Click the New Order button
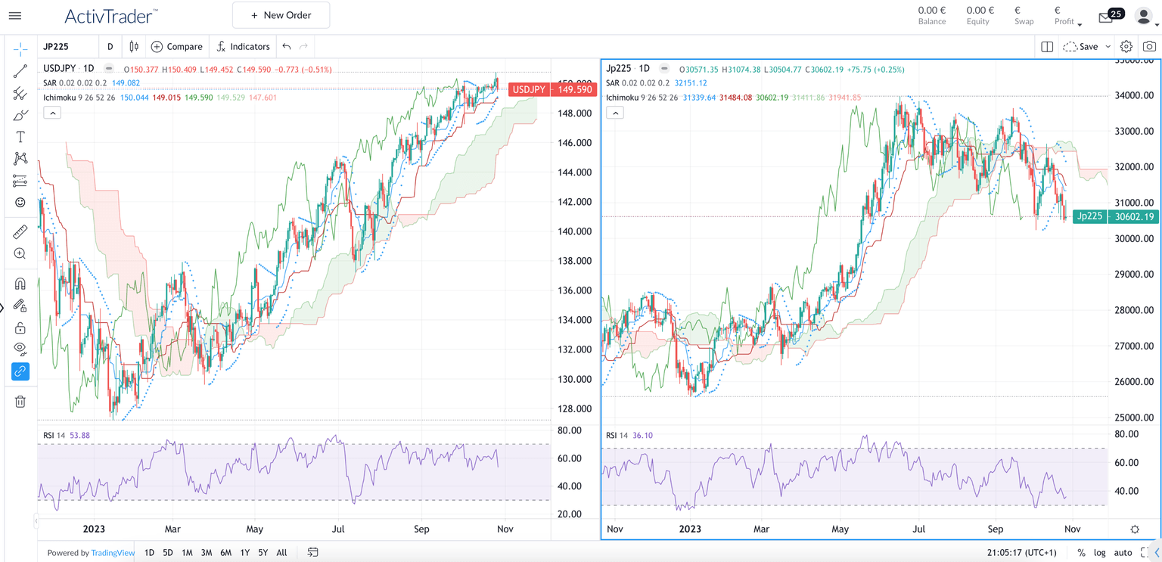point(281,15)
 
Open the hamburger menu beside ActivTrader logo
point(14,15)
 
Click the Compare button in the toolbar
point(177,47)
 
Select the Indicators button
point(243,47)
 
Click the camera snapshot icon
point(1149,47)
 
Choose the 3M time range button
point(206,553)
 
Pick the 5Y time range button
point(263,553)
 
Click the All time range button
point(281,553)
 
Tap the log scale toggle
point(1099,553)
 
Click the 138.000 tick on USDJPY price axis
point(573,261)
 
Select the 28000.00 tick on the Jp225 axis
point(1132,310)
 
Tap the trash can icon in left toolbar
point(20,402)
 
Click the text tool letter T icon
point(20,137)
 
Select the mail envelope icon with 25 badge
point(1106,17)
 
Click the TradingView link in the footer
point(113,553)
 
